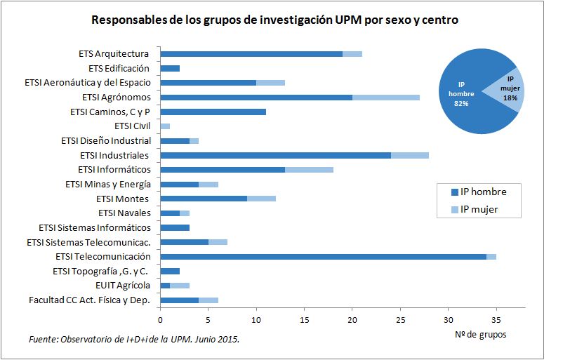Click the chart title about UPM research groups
274,20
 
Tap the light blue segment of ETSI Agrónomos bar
385,98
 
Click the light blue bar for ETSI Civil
165,126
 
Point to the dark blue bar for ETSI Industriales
275,155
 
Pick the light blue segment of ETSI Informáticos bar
309,170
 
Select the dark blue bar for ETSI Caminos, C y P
213,112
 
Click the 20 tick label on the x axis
352,319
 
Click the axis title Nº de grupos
480,335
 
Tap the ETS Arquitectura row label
114,53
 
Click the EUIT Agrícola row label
123,286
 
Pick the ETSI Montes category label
123,199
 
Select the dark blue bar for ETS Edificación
170,68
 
